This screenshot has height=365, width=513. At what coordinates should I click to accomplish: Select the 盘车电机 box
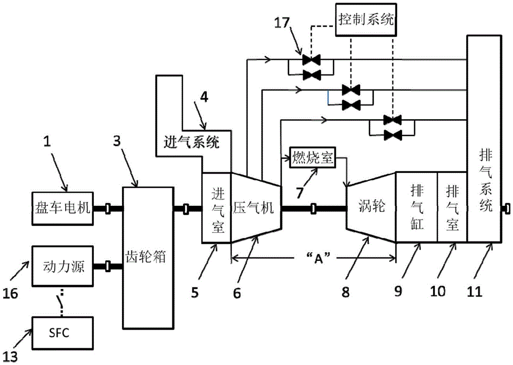coord(62,208)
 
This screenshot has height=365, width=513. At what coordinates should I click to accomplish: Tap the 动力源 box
coord(62,266)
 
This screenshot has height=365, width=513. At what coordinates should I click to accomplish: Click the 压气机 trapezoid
coord(255,208)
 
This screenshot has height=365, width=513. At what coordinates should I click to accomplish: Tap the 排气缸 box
coord(416,207)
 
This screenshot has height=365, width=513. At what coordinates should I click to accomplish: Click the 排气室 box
coord(452,207)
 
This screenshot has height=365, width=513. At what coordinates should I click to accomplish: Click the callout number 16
coord(12,293)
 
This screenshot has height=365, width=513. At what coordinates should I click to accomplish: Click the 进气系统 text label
coord(193,142)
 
